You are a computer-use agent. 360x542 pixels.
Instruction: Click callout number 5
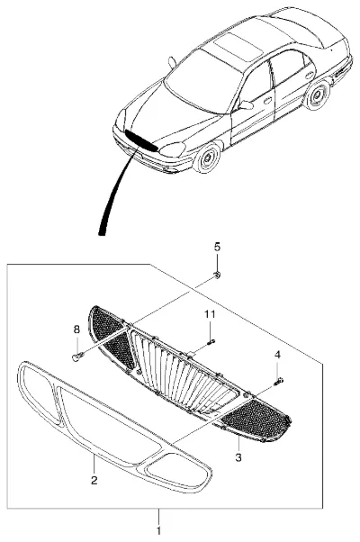pos(217,248)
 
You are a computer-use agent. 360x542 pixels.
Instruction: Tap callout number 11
pos(210,314)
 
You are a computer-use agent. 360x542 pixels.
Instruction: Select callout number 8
pos(76,330)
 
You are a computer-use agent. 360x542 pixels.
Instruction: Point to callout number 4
pos(277,355)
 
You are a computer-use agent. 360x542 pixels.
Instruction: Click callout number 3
pos(238,457)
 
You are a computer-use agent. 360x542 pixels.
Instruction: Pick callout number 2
pos(94,480)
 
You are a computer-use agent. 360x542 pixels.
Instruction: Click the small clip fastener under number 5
pos(217,276)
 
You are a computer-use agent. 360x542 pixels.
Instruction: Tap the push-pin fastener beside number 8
pos(77,356)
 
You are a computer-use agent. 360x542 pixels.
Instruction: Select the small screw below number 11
pos(211,342)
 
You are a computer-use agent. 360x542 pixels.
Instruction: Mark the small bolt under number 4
pos(278,381)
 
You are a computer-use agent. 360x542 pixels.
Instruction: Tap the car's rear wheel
pos(317,95)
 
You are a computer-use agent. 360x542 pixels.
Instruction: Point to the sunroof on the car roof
pos(238,46)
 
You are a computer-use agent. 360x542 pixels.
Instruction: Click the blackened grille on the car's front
pos(141,140)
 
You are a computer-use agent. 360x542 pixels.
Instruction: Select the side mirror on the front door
pos(245,104)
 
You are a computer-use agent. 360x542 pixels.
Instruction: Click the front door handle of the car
pos(267,101)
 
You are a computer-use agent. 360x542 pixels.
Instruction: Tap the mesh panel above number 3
pos(255,419)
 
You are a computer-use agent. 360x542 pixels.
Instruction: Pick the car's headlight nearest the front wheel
pos(172,149)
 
